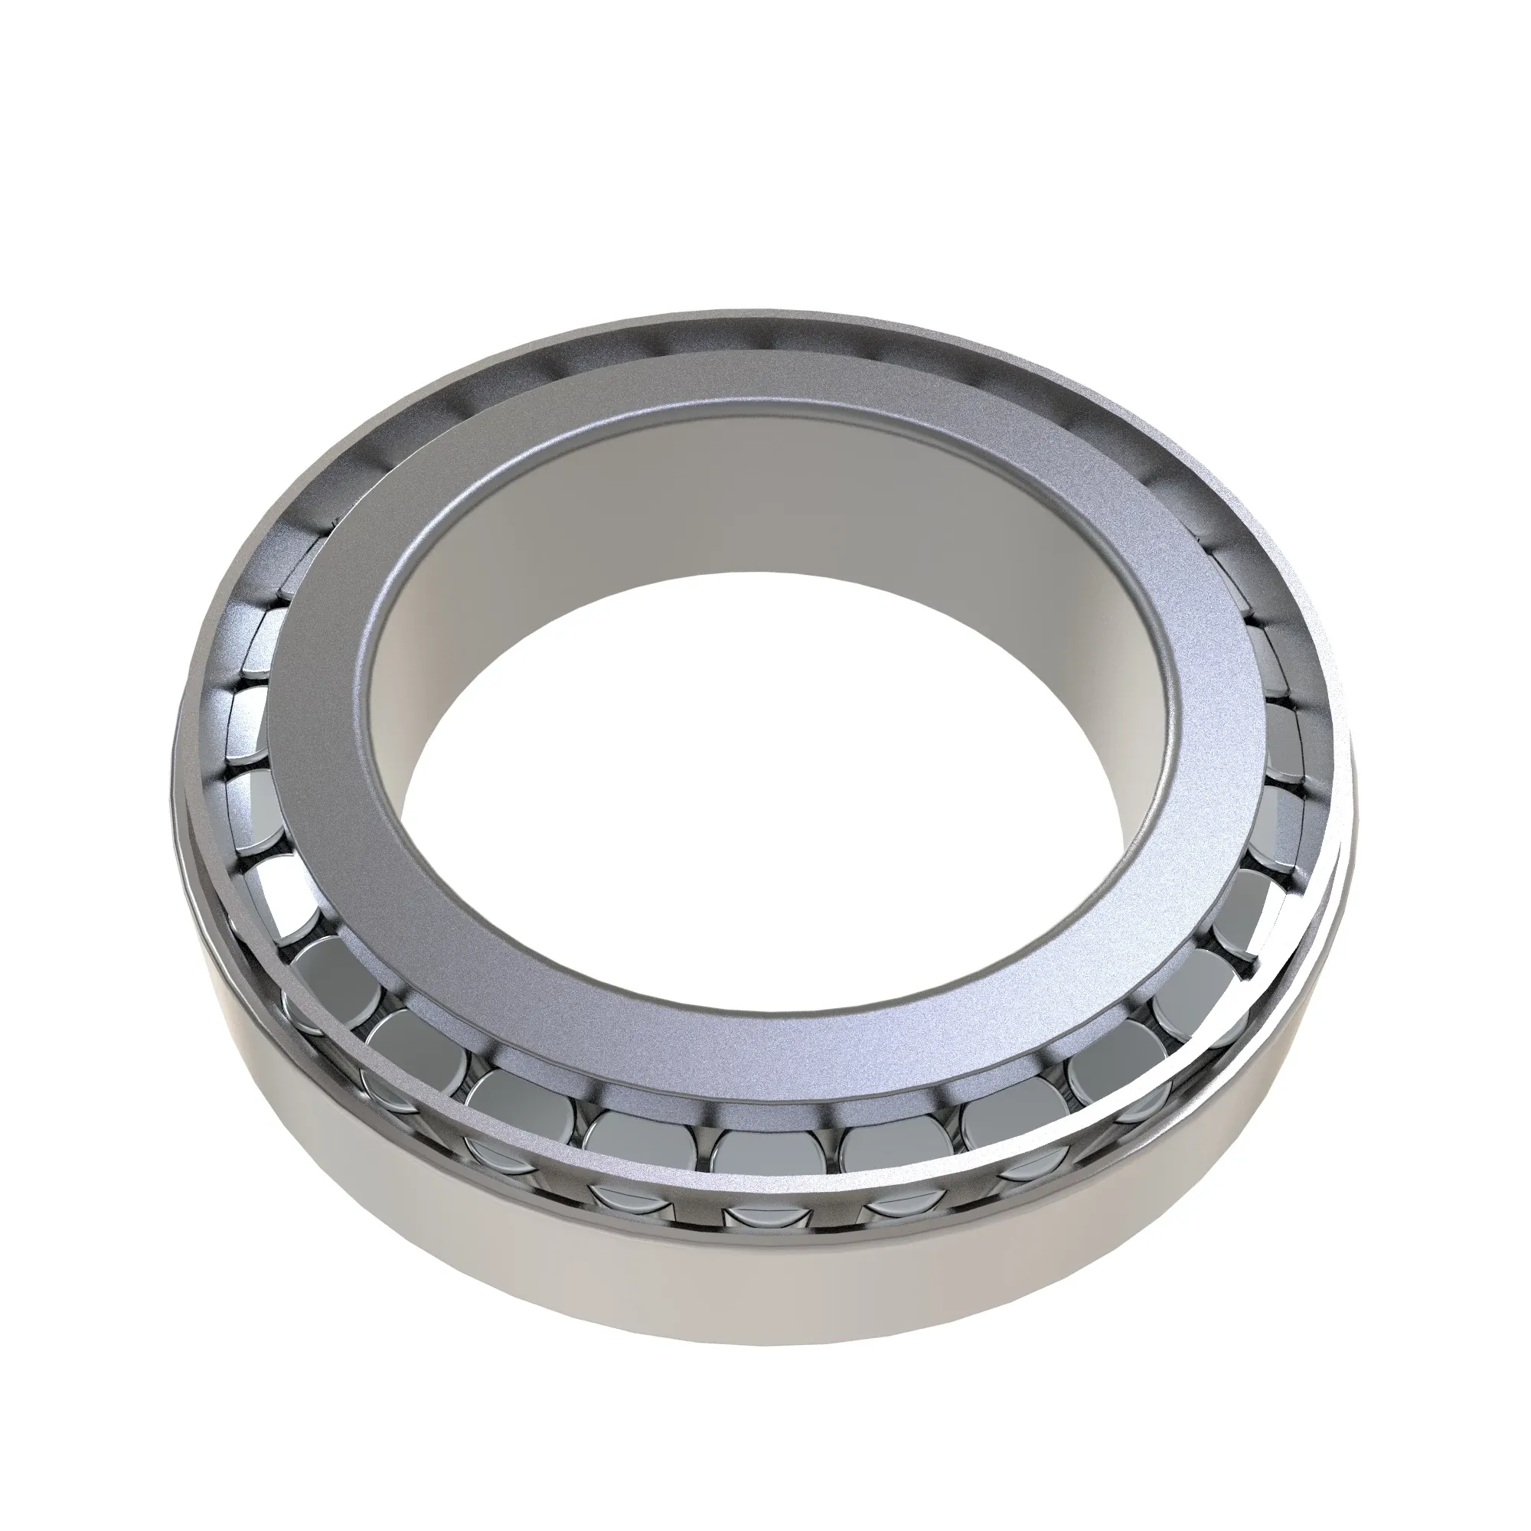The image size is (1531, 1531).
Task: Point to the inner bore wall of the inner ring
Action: click(x=761, y=508)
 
